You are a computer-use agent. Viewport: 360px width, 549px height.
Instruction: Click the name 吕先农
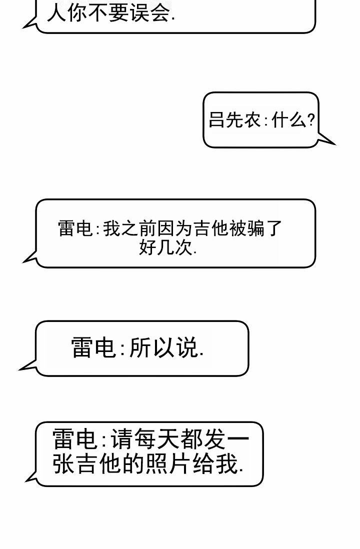click(234, 119)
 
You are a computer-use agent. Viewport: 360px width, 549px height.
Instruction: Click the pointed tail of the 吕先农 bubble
click(335, 144)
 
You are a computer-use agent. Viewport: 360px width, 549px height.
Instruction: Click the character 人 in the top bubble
click(56, 13)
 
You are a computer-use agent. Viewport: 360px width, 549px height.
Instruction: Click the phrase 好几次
click(165, 247)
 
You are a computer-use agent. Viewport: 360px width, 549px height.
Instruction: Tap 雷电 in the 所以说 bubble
click(93, 347)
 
